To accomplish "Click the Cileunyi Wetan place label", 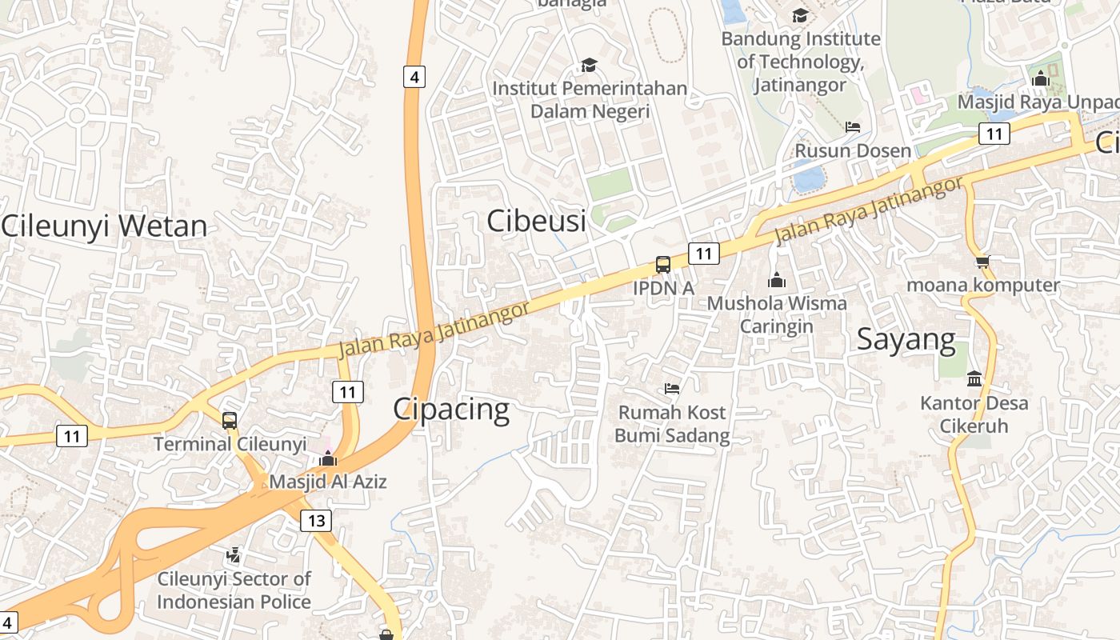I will click(104, 226).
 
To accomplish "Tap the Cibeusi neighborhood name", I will click(536, 221).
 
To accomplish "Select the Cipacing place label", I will click(451, 410).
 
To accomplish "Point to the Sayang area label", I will click(906, 339).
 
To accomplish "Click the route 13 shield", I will click(317, 521).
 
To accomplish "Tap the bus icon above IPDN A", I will click(663, 264).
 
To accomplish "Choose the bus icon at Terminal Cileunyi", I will click(230, 420).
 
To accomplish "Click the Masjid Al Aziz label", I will click(327, 482).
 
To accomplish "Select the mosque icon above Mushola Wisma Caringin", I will click(776, 280).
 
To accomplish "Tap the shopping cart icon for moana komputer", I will click(982, 262).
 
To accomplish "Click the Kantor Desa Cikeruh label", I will click(974, 414).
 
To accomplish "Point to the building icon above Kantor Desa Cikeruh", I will click(974, 378).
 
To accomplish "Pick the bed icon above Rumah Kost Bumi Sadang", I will click(672, 389).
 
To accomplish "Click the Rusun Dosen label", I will click(853, 150).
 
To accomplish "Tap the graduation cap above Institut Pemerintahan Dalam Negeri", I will click(589, 65).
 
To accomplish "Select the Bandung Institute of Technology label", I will click(800, 61).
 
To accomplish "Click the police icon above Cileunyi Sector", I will click(234, 554).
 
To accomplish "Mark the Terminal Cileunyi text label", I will click(230, 444).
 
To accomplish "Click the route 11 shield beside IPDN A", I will click(703, 254).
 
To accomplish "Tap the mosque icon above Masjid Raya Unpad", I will click(1040, 78).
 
